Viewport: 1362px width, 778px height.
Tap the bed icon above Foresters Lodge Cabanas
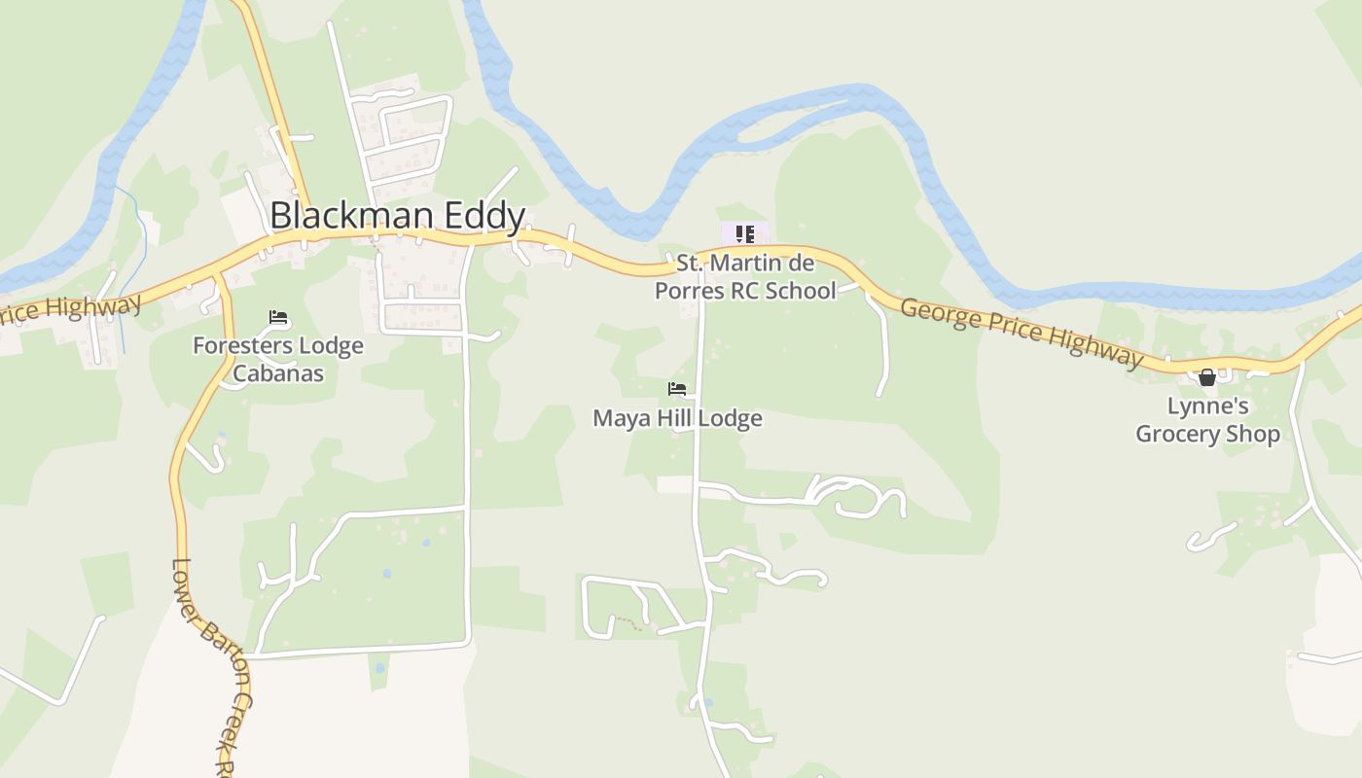tap(278, 317)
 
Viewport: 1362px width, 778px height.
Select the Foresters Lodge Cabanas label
tap(278, 359)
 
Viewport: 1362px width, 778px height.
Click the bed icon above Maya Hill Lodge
tap(677, 389)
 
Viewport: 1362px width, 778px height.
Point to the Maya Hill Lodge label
tap(677, 419)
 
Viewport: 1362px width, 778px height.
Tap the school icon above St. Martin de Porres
tap(745, 234)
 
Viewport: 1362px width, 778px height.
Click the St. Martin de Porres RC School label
tap(745, 276)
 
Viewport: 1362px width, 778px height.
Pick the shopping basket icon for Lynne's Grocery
tap(1207, 377)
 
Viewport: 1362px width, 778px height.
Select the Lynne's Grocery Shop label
tap(1207, 420)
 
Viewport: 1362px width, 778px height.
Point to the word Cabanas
tap(278, 372)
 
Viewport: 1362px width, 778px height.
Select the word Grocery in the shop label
tap(1177, 434)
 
